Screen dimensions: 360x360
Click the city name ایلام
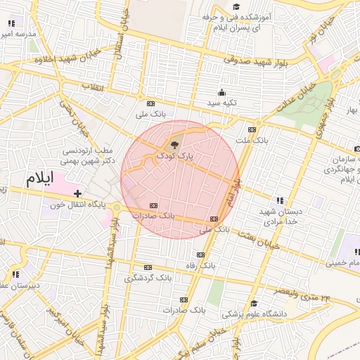pos(39,178)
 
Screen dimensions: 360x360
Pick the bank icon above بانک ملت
pos(252,130)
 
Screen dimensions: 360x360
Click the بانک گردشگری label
pos(148,278)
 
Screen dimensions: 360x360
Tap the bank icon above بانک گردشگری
pos(148,268)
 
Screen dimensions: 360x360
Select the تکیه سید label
pos(221,103)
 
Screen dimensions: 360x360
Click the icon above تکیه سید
pos(222,92)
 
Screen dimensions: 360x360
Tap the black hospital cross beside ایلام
pos(77,193)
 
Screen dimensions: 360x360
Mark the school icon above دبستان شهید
pos(280,201)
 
